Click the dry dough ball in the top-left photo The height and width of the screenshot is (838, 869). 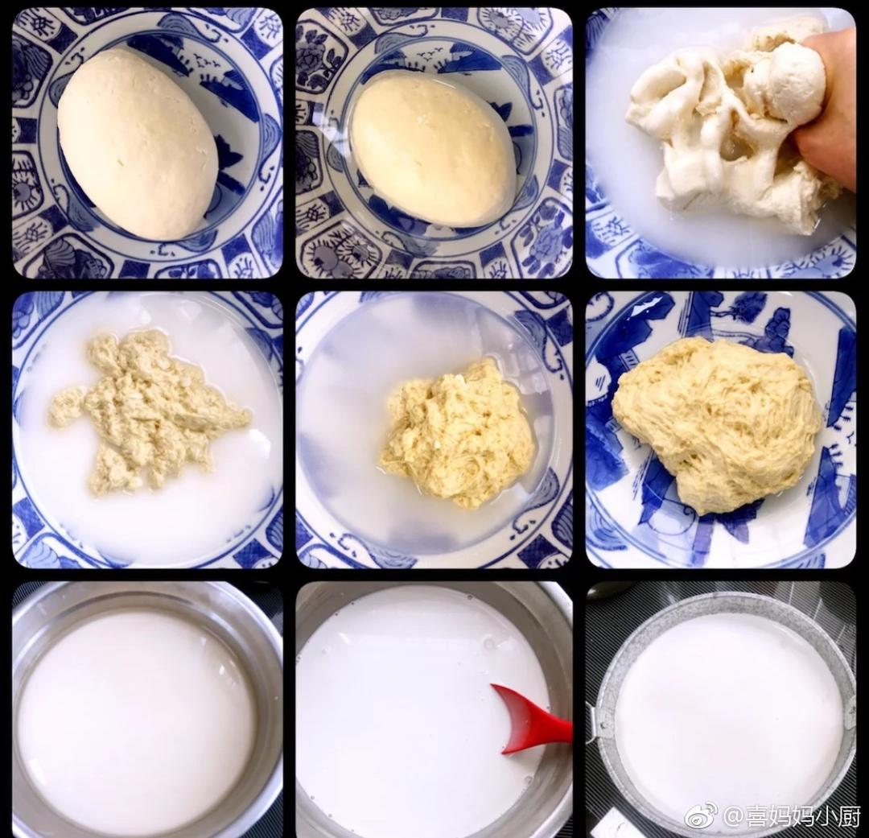click(x=138, y=144)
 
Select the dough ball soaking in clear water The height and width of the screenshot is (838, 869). click(x=433, y=150)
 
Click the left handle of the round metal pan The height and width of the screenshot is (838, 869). click(x=596, y=722)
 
